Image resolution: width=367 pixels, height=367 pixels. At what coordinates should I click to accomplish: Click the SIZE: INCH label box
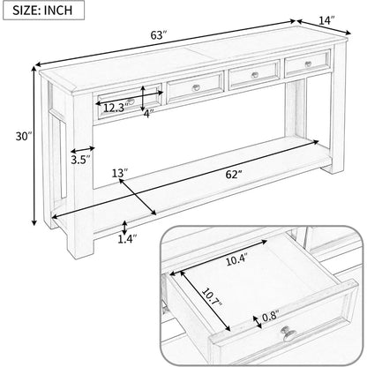coord(43,10)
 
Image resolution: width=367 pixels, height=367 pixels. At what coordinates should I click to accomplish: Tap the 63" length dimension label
coord(159,35)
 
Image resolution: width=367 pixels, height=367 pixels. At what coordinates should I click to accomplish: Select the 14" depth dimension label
coord(326,20)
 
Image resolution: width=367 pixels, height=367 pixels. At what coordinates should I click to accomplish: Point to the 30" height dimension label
coord(24,136)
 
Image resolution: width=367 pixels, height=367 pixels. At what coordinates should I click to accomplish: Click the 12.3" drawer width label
coord(116,109)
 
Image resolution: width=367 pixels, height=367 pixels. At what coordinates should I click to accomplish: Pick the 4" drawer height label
coord(149,114)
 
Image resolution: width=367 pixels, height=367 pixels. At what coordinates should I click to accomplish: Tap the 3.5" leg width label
coord(80,160)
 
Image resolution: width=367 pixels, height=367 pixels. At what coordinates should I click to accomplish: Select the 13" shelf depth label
coord(120,173)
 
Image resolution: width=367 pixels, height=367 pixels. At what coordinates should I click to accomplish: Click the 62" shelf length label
coord(234,175)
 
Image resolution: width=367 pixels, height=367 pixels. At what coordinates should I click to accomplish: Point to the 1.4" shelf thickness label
coord(128,239)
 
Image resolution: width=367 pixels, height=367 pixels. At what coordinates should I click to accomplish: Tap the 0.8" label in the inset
coord(270,317)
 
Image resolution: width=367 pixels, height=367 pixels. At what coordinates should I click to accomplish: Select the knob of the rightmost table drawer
coord(308,64)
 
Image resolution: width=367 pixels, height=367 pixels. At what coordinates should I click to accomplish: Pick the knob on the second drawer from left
coord(196,87)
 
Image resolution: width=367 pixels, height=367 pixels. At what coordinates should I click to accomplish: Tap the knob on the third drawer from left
coord(255,75)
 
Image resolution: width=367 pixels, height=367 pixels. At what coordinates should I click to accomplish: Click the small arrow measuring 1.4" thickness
coord(125,228)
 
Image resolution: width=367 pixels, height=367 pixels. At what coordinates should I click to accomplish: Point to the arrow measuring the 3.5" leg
coord(83,150)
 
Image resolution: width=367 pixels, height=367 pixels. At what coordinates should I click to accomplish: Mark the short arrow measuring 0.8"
coord(258,322)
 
